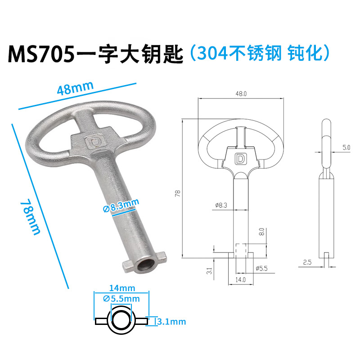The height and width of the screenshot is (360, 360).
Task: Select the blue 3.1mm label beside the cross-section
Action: pos(171,322)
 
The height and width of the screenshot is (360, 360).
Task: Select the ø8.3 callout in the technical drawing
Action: pos(221,205)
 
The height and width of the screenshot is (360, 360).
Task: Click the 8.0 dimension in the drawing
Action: pos(262,233)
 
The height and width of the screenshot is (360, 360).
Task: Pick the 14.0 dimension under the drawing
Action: pos(240,279)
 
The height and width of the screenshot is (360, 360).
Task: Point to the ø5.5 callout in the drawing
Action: pos(262,269)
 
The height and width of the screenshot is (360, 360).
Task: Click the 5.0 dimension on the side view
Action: pos(346,147)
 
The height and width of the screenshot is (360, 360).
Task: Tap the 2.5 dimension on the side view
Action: pos(307,261)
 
